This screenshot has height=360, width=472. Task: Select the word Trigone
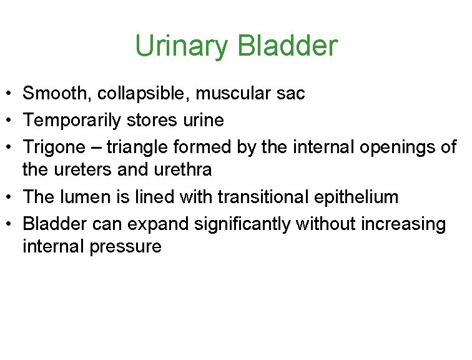54,146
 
